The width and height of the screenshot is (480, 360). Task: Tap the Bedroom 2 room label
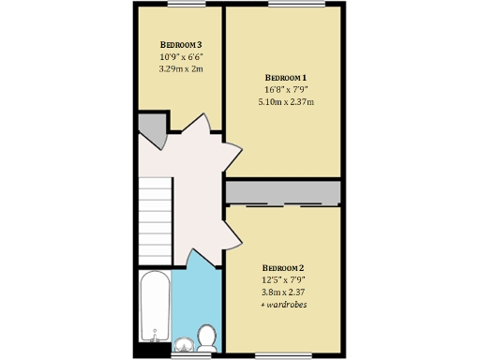click(283, 266)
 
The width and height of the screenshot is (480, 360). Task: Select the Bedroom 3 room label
click(181, 45)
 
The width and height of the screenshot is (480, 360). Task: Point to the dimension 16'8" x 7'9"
click(286, 90)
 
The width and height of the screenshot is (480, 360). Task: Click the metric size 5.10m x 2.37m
click(286, 102)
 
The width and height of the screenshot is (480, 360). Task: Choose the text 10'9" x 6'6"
click(181, 56)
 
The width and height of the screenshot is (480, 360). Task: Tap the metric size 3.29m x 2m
click(181, 68)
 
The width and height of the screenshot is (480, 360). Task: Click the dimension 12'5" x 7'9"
click(283, 278)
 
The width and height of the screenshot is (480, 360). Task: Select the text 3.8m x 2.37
click(283, 292)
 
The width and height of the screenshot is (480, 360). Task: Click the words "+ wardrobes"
click(283, 305)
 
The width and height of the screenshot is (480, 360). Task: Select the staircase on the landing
click(155, 220)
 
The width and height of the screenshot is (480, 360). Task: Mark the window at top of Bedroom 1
click(286, 5)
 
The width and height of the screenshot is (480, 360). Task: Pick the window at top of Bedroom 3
click(181, 5)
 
